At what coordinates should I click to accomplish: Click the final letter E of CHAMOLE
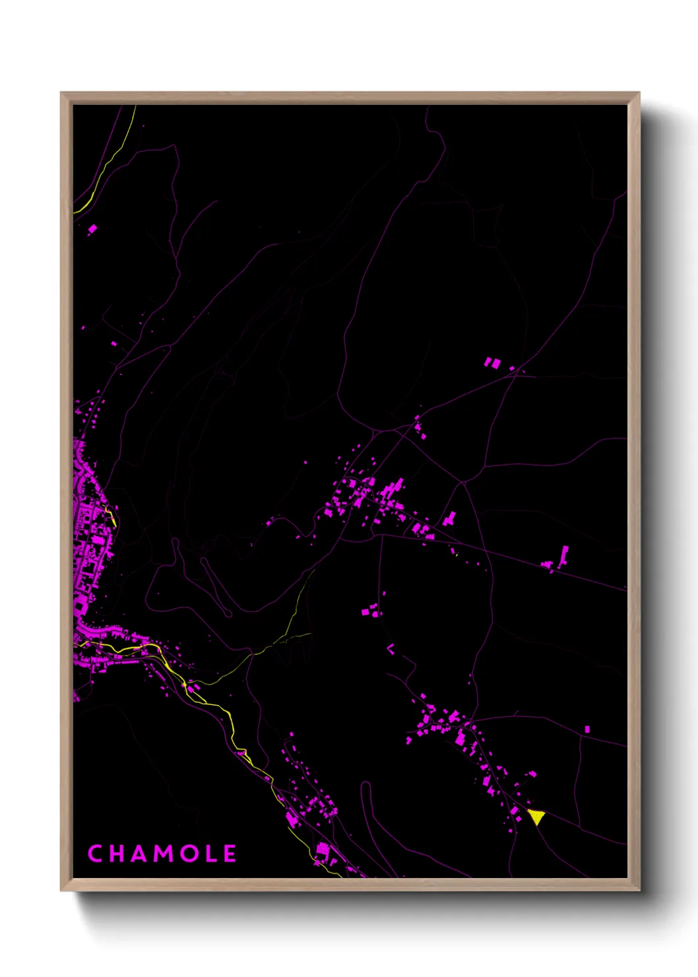coord(230,854)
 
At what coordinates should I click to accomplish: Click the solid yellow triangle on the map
coord(537,817)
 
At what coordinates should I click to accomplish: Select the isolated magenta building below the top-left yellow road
coord(92,229)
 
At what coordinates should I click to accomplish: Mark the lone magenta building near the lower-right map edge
coord(587,729)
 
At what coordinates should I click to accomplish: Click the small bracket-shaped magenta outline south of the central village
coord(391,649)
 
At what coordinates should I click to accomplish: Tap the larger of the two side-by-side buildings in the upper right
coord(489,362)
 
